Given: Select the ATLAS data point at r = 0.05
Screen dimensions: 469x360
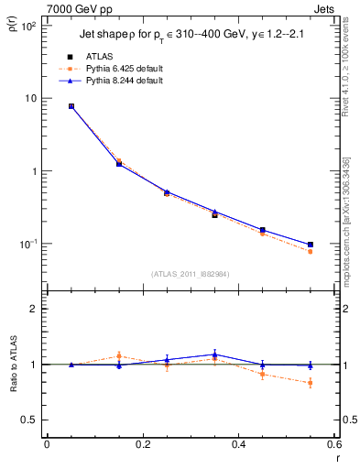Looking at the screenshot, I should (x=71, y=106).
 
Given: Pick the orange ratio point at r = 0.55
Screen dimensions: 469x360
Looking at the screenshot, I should (x=311, y=383).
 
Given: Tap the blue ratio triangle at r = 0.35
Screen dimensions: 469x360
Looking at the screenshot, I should (x=214, y=354).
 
